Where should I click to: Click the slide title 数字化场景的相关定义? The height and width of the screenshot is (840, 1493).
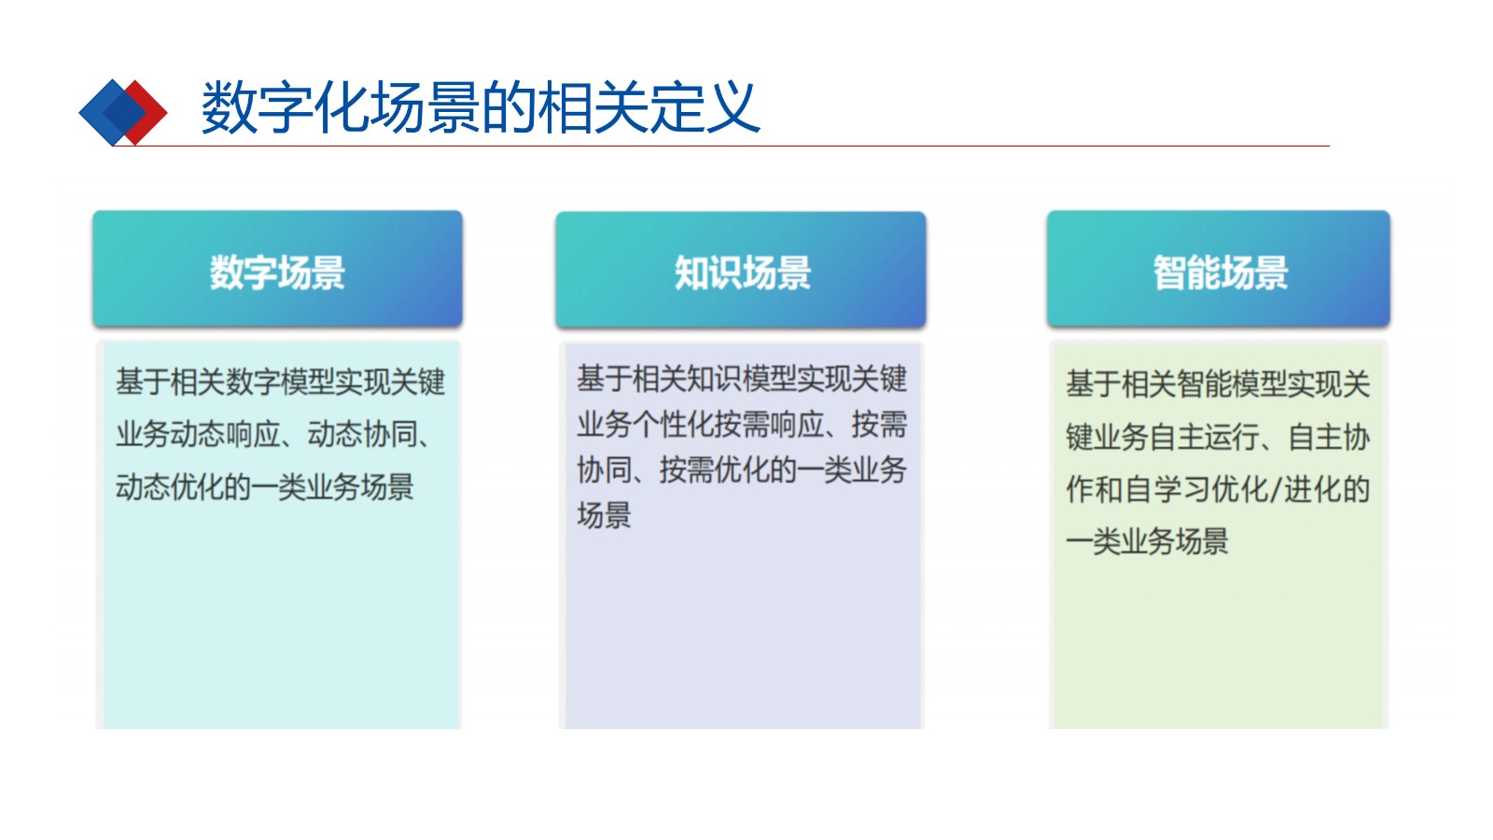pos(481,106)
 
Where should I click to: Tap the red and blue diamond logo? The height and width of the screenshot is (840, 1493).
pos(122,112)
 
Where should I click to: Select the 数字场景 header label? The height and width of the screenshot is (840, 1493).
pos(277,272)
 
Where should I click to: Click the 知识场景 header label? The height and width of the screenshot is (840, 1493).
pos(742,272)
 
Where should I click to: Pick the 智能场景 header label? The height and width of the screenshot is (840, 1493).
pos(1221,272)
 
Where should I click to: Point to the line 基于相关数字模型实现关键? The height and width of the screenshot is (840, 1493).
pos(280,382)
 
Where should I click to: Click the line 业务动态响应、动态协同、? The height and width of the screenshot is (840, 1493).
pos(273,435)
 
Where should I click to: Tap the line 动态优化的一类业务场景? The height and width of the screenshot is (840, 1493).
pos(265,486)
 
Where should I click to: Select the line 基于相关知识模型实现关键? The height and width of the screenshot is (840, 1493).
pos(742,379)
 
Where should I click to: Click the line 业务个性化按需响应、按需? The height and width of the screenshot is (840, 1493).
pos(742,424)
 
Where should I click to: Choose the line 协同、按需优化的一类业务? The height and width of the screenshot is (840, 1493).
pos(742,470)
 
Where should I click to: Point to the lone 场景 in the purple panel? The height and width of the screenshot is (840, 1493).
pos(604,515)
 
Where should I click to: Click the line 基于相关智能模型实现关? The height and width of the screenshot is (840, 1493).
pos(1218,384)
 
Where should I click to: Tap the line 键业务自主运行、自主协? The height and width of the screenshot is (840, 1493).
pos(1218,437)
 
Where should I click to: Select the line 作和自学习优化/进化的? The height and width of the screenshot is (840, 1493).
pos(1218,489)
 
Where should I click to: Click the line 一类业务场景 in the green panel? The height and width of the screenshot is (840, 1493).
pos(1147,540)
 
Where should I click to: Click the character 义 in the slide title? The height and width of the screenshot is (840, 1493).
pos(732,106)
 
